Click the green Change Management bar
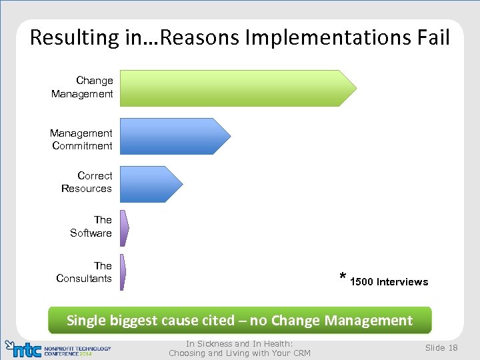pos(237,87)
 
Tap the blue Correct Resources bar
pos(149,184)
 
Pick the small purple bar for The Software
pos(124,228)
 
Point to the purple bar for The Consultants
pos(123,272)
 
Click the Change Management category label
pos(83,87)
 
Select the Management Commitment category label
pos(81,139)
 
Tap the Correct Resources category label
pos(87,182)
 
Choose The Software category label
pos(91,226)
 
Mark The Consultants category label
pos(84,272)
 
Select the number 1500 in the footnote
pos(361,282)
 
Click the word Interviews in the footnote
pos(403,282)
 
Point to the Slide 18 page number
pos(441,348)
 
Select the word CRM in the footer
pos(300,353)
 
